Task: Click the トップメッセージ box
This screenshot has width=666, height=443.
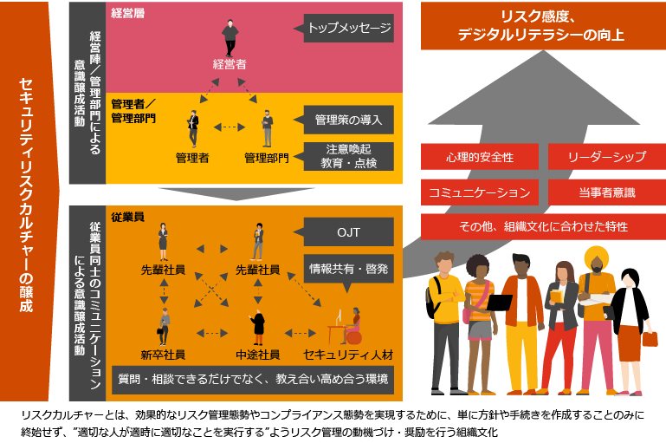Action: tap(349, 29)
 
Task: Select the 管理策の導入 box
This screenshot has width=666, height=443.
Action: tap(349, 120)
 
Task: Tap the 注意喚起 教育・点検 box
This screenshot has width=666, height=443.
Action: tap(349, 156)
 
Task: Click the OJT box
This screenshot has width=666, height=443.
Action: tap(349, 232)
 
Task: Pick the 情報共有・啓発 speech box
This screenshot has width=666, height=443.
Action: tap(349, 269)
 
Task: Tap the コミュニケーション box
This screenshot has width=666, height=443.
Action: tap(480, 191)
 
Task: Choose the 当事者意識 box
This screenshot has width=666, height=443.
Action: tap(606, 191)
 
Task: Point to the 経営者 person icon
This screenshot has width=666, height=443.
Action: tap(230, 38)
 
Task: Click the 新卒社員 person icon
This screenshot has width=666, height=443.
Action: tap(164, 326)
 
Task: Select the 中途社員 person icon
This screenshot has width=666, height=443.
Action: tap(257, 326)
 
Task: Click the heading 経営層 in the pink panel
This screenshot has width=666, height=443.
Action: tap(128, 12)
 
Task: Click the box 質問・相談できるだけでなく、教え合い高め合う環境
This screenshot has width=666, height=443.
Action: tap(253, 379)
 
